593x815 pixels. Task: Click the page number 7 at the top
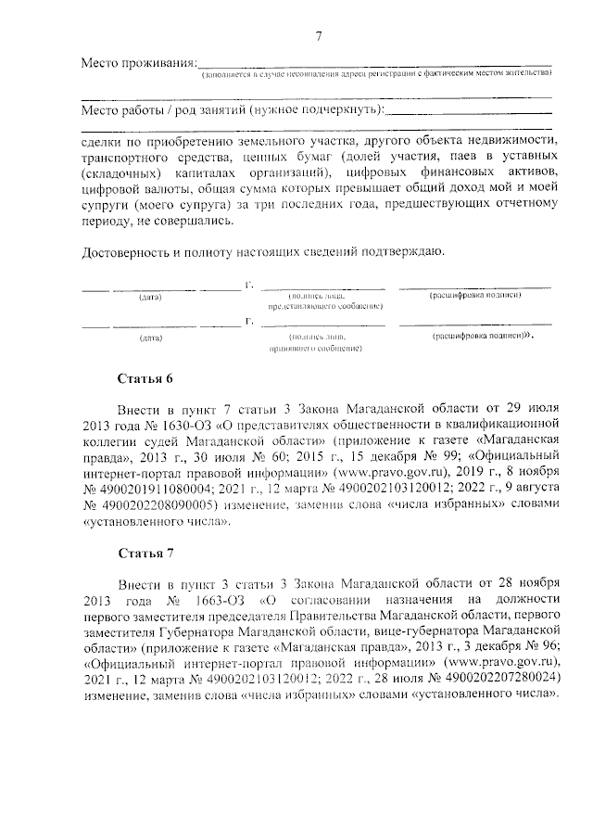point(319,37)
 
